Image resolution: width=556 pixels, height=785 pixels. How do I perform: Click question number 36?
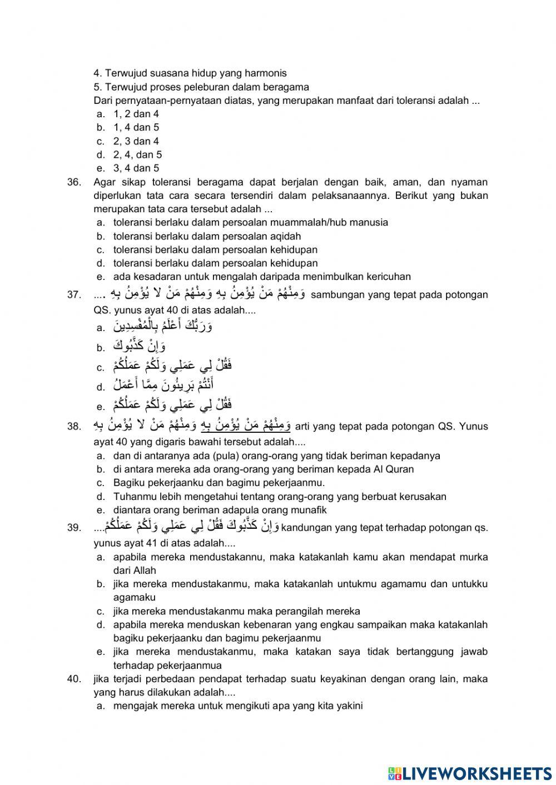(x=73, y=182)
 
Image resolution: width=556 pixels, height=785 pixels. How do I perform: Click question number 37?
(x=73, y=294)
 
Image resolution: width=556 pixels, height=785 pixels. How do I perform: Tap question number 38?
(x=73, y=427)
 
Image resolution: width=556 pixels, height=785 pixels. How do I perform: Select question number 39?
(x=73, y=528)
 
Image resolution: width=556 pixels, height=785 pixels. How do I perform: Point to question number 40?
(x=73, y=679)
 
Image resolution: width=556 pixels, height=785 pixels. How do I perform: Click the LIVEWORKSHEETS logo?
(x=470, y=773)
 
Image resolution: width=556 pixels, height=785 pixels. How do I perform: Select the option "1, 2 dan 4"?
(x=136, y=114)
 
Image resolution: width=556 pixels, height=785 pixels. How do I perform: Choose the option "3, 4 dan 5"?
(x=136, y=168)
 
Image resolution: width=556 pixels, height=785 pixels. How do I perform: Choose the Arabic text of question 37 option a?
(x=162, y=326)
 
